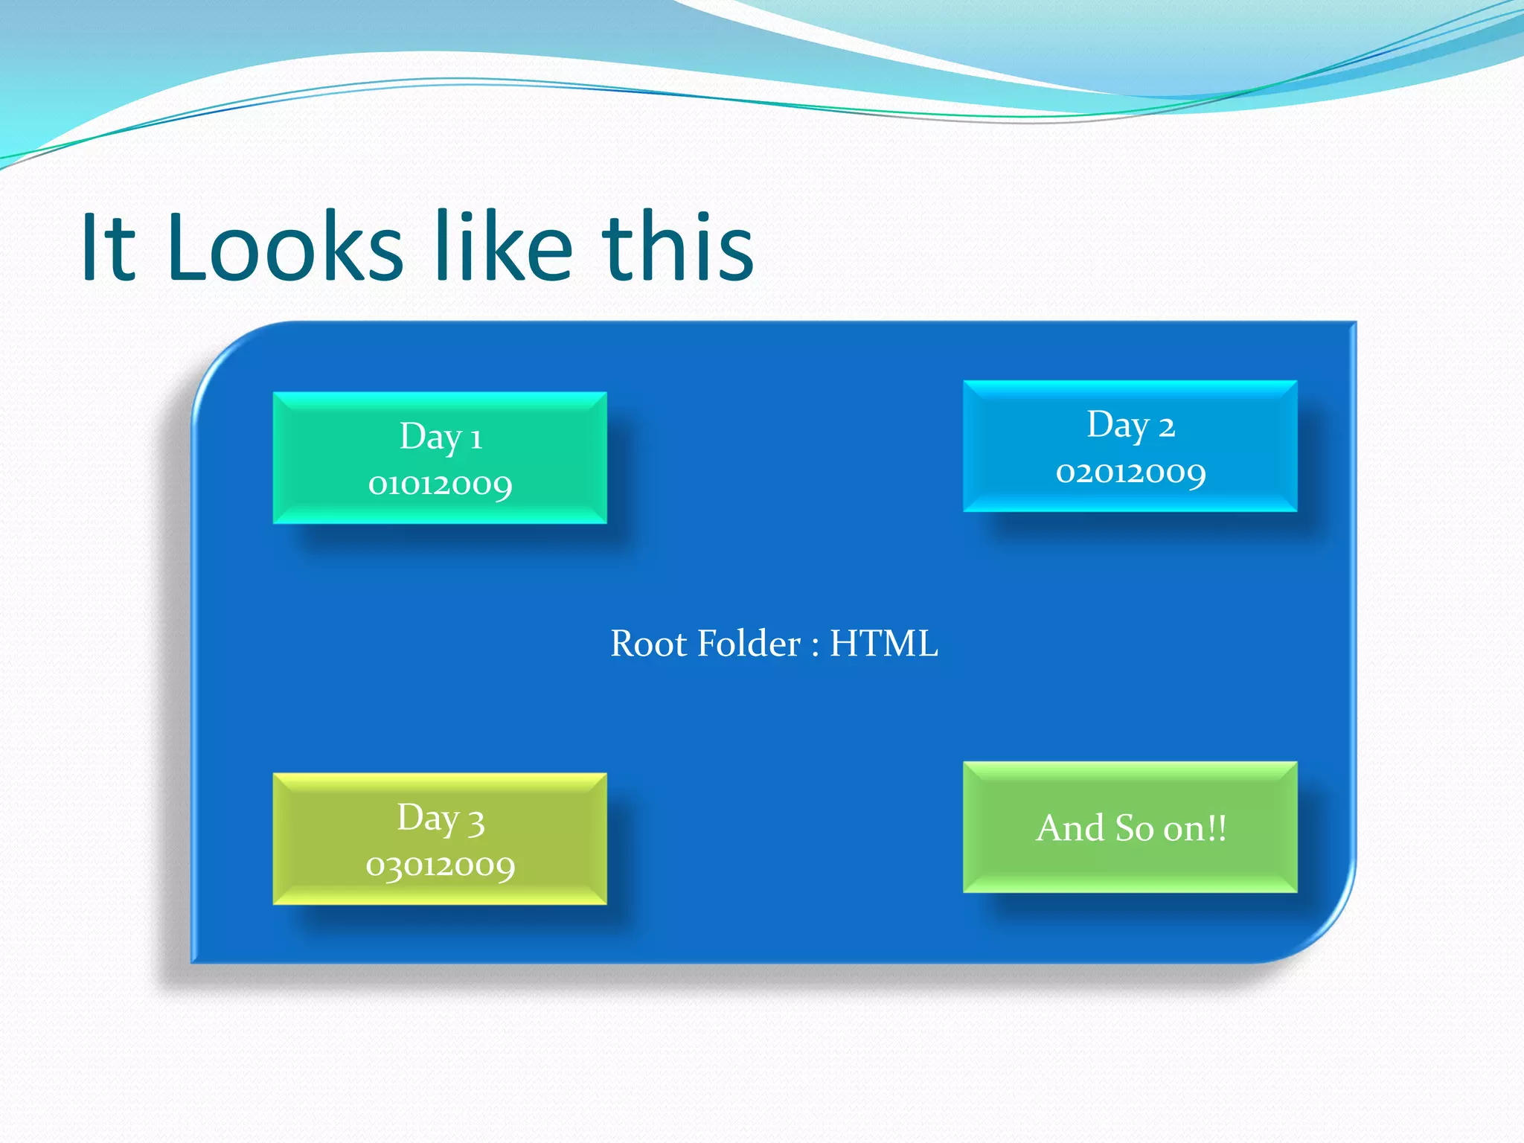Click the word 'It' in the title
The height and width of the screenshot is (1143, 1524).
coord(109,248)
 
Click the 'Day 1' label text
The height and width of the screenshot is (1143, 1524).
coord(441,438)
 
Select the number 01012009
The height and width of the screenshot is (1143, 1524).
coord(441,485)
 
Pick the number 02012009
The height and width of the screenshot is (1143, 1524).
coord(1130,473)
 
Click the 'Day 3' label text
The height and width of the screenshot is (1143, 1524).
coord(441,819)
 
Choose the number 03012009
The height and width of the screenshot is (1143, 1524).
coord(441,866)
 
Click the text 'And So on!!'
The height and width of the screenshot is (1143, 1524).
coord(1130,828)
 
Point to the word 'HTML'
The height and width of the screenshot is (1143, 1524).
coord(883,644)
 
